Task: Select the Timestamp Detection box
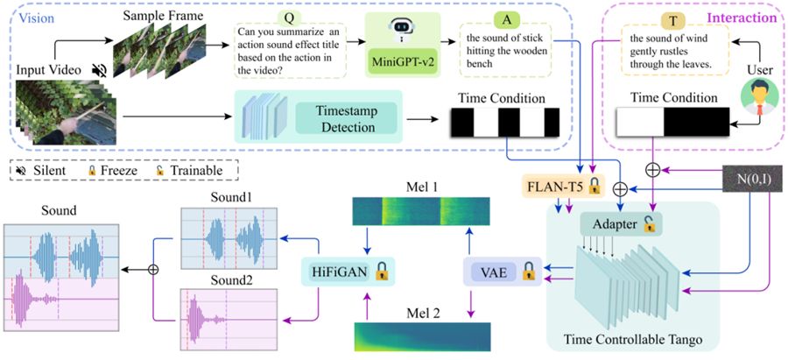pyautogui.click(x=346, y=116)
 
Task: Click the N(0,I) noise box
pyautogui.click(x=752, y=180)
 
